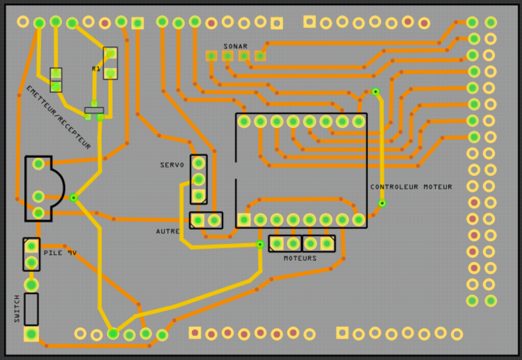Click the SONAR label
235,46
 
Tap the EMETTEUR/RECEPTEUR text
58,117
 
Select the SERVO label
172,165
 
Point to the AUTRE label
168,232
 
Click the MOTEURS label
300,258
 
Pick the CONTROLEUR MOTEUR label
411,187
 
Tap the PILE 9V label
60,252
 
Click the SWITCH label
17,308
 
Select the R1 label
96,68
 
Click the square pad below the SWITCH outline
31,334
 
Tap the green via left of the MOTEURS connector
260,244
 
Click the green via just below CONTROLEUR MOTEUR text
382,203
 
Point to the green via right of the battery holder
73,197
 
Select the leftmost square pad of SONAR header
211,56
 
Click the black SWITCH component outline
31,308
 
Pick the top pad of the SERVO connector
199,162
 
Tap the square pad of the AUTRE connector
198,220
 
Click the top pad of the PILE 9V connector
31,247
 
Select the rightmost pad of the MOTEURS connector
326,244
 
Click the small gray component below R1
95,110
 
